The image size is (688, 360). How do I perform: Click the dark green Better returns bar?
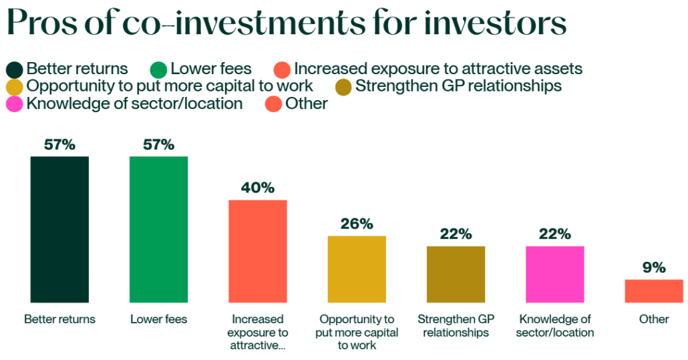coord(59,229)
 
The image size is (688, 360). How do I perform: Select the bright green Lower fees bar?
coord(158,229)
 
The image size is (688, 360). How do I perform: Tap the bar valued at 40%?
coord(257,251)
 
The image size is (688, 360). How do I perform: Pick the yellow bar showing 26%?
coord(356,269)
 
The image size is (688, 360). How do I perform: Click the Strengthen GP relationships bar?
coord(456,274)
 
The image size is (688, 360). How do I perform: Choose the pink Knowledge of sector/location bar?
coord(554,274)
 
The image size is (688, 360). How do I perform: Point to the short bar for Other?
coord(653,291)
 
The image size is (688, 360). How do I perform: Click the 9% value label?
coord(654,268)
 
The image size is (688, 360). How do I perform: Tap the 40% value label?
coord(258,188)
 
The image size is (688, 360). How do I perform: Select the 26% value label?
coord(357,224)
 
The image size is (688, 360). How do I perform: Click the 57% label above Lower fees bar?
coord(158,144)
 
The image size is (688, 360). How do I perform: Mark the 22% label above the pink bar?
coord(555,234)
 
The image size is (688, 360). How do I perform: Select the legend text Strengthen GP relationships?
coord(458,86)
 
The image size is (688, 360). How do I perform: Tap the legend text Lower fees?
coord(211,69)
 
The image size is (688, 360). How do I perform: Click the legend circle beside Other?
coord(273,104)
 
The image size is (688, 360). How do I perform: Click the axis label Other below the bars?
coord(654,319)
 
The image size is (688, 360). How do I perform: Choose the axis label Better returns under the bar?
coord(59,319)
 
